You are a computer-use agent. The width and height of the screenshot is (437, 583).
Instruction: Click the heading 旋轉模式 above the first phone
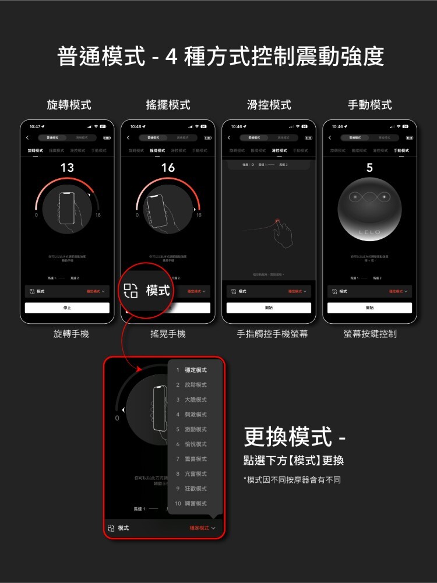click(x=69, y=105)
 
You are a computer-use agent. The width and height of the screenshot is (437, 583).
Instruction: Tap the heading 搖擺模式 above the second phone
click(x=168, y=105)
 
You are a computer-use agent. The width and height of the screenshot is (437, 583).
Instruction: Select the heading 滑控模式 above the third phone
click(x=269, y=105)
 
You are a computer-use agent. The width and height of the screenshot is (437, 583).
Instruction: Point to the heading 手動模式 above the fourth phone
click(x=370, y=105)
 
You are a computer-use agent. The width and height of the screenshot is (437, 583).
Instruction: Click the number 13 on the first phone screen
click(x=67, y=168)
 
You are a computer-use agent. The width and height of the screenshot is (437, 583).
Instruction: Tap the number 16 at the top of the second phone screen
click(x=168, y=168)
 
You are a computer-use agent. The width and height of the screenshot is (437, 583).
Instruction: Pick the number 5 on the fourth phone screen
click(x=369, y=168)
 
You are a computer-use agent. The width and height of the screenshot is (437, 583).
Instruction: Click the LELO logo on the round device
click(x=369, y=232)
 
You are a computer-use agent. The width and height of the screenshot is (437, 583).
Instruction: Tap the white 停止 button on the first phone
click(x=67, y=308)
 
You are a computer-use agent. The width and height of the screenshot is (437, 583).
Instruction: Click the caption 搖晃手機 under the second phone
click(x=168, y=334)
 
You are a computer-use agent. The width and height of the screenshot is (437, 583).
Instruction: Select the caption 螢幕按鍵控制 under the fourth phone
click(x=370, y=334)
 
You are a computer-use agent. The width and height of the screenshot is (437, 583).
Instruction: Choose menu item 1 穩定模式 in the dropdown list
click(x=192, y=370)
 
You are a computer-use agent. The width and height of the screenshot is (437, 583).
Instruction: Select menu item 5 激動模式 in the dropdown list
click(x=192, y=429)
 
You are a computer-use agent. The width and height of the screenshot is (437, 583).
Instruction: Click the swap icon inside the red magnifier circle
click(x=131, y=290)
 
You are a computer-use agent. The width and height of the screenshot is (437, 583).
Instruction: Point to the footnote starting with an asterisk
click(x=292, y=480)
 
